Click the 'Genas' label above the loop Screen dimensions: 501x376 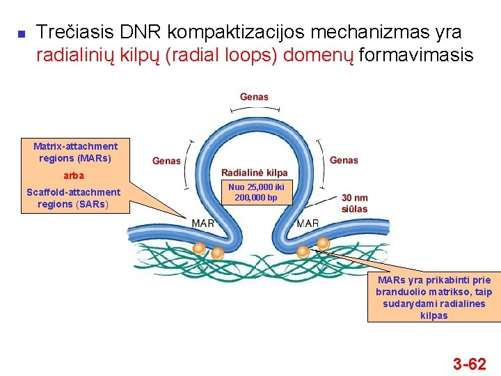pyautogui.click(x=254, y=97)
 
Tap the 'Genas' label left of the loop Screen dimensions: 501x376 pyautogui.click(x=166, y=161)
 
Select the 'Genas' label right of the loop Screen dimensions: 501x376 pyautogui.click(x=344, y=160)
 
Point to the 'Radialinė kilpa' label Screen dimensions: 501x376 pyautogui.click(x=254, y=173)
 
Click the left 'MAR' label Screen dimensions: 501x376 pyautogui.click(x=202, y=224)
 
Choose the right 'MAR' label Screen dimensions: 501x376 pyautogui.click(x=308, y=224)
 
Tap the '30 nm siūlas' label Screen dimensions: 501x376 pyautogui.click(x=354, y=203)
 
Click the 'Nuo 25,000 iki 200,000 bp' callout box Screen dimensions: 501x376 pyautogui.click(x=256, y=193)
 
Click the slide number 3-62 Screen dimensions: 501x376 pyautogui.click(x=470, y=363)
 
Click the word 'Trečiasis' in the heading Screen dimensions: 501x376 pyautogui.click(x=74, y=32)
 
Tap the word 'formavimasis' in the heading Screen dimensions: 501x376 pyautogui.click(x=415, y=55)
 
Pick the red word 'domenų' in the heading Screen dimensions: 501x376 pyautogui.click(x=319, y=55)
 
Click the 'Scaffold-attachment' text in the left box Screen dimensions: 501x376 pyautogui.click(x=73, y=192)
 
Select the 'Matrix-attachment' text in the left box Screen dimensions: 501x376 pyautogui.click(x=75, y=146)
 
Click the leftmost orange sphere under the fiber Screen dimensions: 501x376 pyautogui.click(x=199, y=247)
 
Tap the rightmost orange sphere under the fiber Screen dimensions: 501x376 pyautogui.click(x=323, y=243)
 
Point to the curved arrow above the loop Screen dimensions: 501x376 pyautogui.click(x=254, y=110)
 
